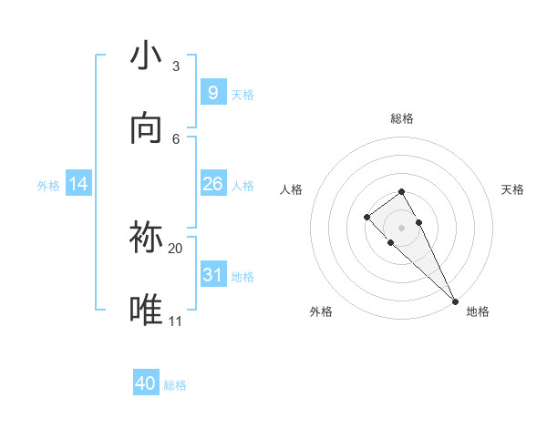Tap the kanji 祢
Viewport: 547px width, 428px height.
click(x=146, y=238)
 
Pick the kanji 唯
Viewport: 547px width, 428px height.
click(x=146, y=311)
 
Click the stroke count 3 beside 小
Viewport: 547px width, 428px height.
click(x=176, y=66)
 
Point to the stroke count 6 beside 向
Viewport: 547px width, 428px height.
click(x=176, y=138)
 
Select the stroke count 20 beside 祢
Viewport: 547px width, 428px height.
click(x=176, y=248)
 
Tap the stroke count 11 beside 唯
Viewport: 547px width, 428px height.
click(x=176, y=321)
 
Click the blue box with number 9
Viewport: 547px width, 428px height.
click(x=212, y=93)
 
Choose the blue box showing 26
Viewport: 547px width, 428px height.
click(x=212, y=184)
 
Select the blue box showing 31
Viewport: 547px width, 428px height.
click(x=212, y=275)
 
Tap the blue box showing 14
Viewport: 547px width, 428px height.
click(x=78, y=184)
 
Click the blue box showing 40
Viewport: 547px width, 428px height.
click(x=146, y=383)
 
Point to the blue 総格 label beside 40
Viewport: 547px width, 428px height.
click(x=175, y=385)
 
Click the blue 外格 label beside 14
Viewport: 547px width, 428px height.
click(x=48, y=185)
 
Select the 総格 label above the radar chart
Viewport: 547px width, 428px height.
click(x=402, y=118)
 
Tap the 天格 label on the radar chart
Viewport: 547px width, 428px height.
click(x=512, y=189)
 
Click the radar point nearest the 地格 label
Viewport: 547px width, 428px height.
click(x=455, y=301)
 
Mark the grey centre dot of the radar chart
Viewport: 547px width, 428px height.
click(x=402, y=228)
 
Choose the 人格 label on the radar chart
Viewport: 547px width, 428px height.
click(x=292, y=189)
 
